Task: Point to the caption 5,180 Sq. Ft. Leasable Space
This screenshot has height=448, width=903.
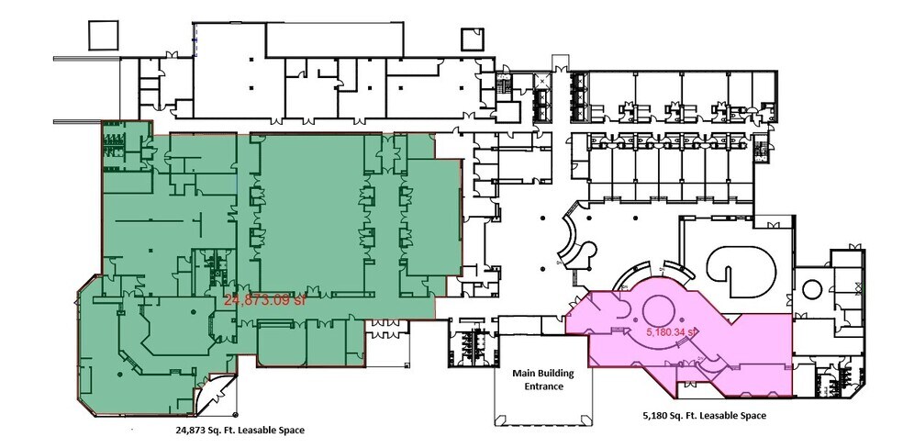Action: point(705,416)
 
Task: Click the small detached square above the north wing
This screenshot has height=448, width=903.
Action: point(472,39)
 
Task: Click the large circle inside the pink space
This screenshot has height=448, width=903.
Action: point(657,309)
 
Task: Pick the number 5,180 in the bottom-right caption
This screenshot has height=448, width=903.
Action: point(659,416)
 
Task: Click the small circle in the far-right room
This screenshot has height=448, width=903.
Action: point(811,288)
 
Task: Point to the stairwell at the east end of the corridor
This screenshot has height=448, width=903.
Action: point(760,150)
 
